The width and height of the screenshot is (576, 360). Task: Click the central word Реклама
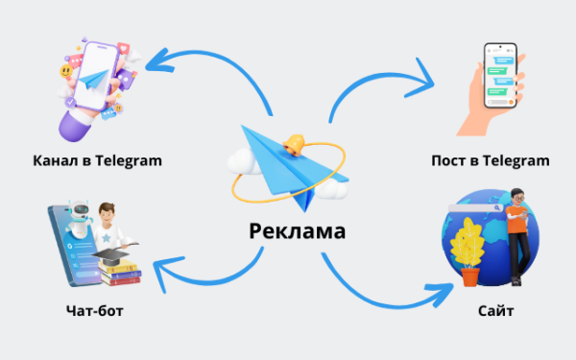click(x=297, y=231)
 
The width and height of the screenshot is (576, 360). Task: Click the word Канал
click(x=56, y=159)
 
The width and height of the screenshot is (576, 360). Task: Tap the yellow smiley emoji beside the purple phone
click(x=64, y=71)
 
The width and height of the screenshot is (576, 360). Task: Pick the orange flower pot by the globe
click(x=469, y=276)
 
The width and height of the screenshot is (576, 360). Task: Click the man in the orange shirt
click(x=519, y=230)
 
